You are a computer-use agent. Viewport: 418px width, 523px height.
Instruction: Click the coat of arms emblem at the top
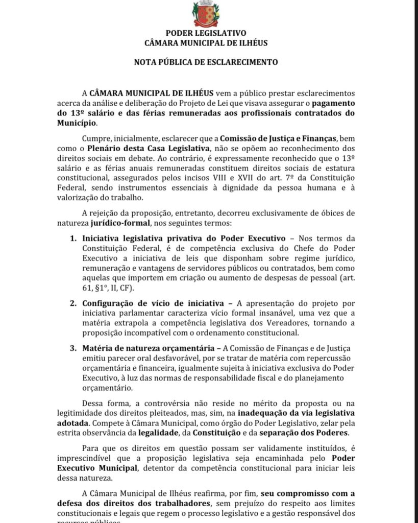point(206,14)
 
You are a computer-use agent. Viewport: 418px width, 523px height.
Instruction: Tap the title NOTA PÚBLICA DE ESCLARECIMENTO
point(206,62)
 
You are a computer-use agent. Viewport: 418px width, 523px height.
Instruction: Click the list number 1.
point(72,238)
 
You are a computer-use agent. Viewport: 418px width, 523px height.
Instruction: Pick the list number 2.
point(72,303)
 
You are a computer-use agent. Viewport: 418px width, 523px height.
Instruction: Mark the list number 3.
point(72,348)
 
